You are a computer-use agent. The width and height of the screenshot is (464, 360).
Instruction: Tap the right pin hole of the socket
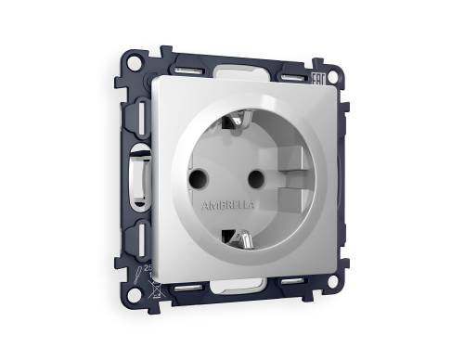click(253, 174)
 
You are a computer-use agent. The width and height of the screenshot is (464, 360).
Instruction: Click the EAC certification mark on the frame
click(316, 82)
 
